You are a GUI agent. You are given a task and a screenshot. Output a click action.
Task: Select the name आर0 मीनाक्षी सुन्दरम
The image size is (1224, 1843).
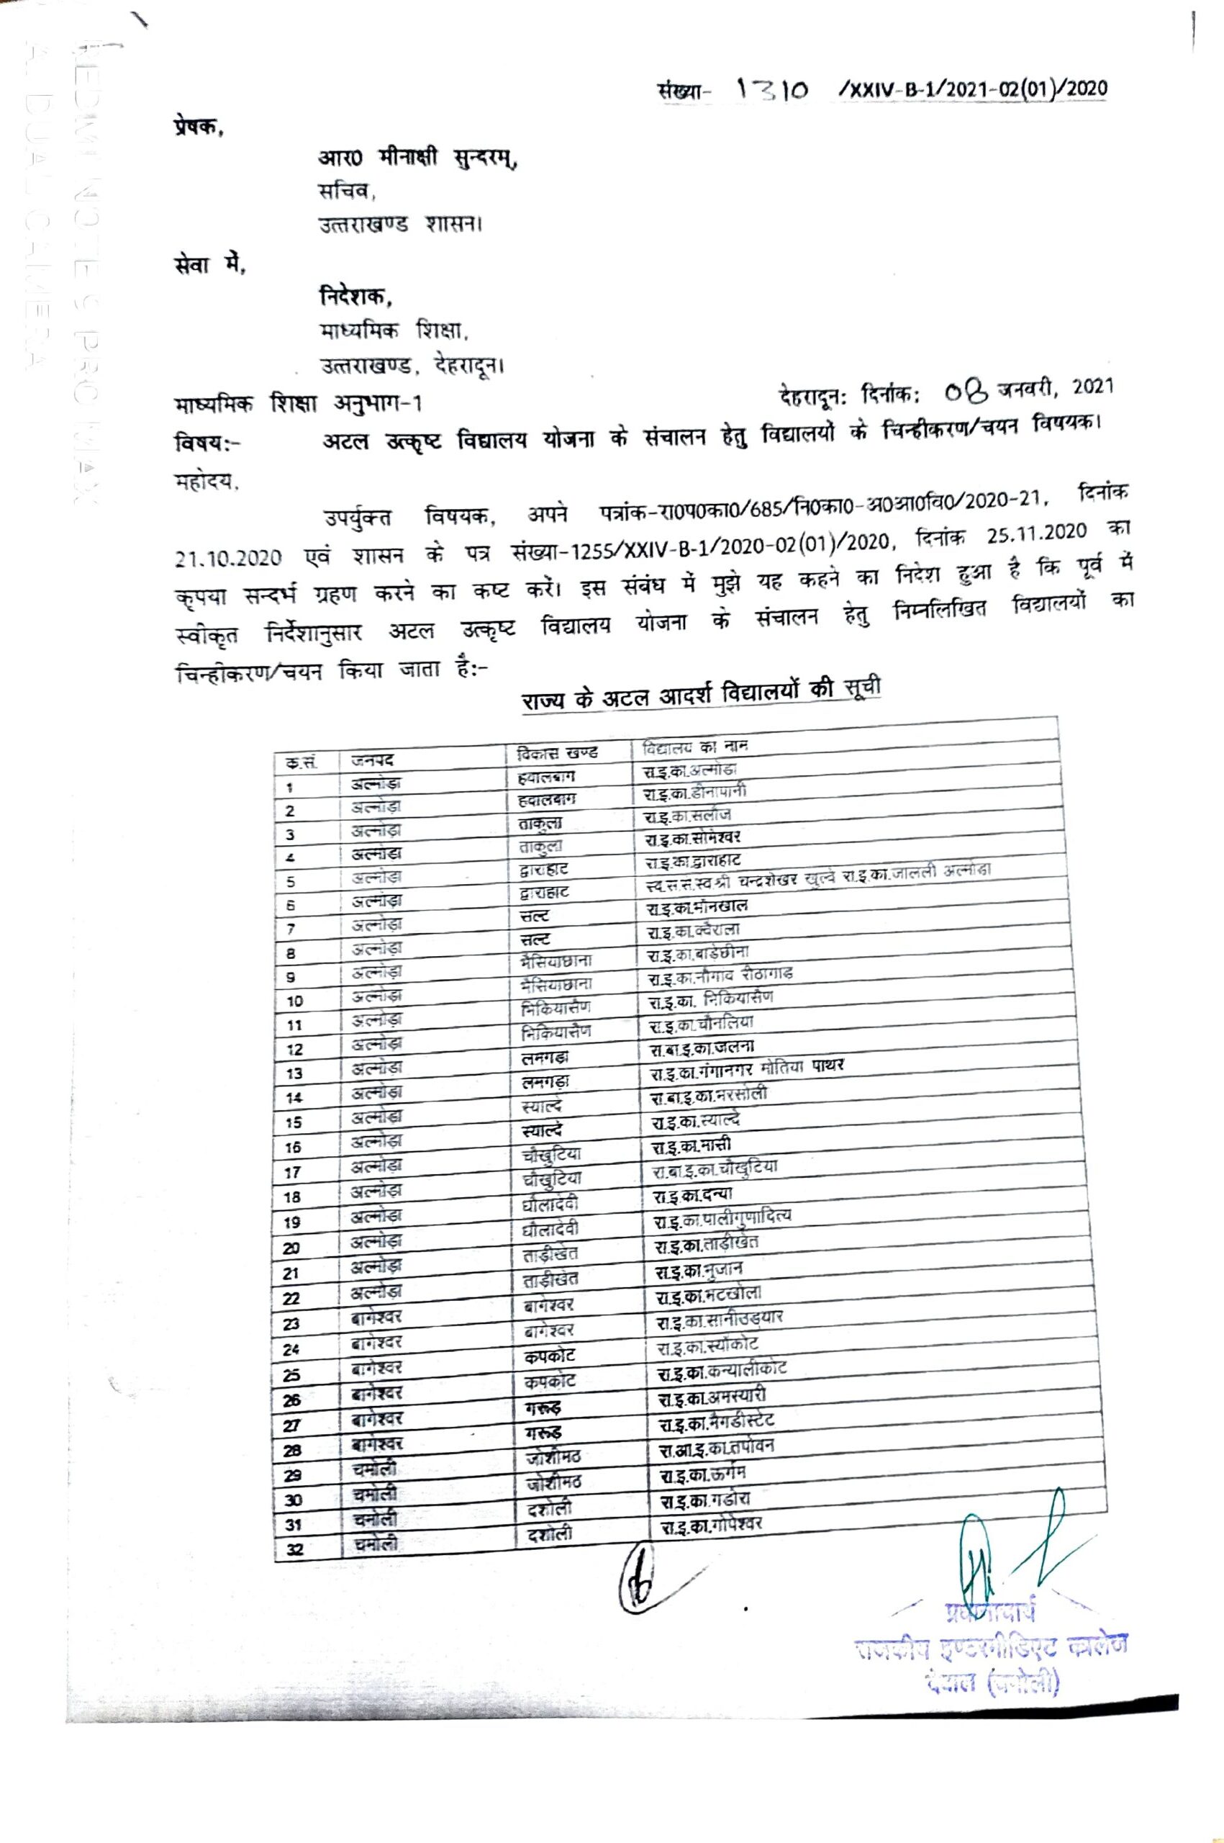[x=417, y=158]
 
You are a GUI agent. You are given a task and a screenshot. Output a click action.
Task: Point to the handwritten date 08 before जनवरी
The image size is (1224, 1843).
[x=966, y=389]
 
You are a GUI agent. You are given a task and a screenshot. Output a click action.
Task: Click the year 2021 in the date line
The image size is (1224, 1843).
[x=1092, y=385]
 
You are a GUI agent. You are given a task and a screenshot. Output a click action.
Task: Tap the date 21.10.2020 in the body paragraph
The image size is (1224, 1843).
[x=228, y=559]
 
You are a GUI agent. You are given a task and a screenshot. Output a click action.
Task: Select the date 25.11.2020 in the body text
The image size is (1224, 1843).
[x=1036, y=534]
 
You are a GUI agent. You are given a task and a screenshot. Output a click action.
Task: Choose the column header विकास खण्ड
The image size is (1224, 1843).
[x=558, y=754]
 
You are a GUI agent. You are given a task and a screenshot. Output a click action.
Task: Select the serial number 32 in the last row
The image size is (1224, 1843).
[x=294, y=1549]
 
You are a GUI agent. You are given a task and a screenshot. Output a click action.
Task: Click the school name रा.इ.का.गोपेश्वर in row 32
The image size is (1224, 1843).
[x=711, y=1524]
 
